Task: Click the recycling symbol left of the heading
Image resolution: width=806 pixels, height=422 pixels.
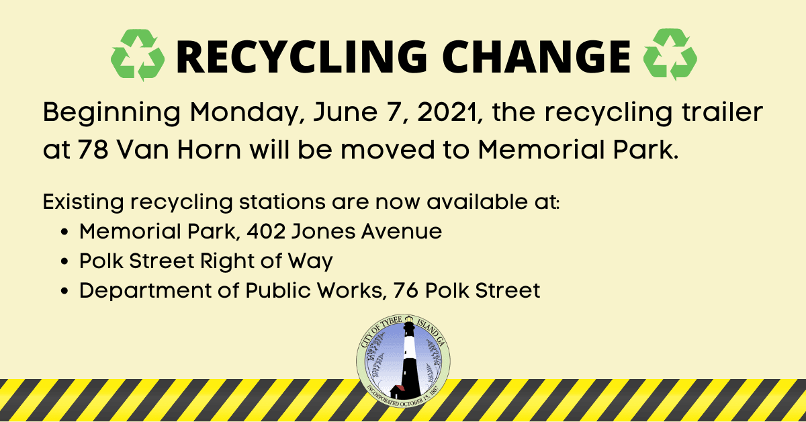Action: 137,54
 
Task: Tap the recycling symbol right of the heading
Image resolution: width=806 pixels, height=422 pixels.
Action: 670,54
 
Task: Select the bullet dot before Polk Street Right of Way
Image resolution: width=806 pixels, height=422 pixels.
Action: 65,262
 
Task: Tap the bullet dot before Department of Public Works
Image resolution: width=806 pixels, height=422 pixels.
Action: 65,292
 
